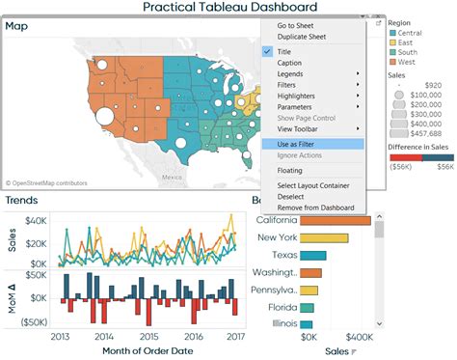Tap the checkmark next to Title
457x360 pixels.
point(268,51)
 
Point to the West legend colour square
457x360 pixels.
point(392,61)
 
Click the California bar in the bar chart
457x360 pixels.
point(336,219)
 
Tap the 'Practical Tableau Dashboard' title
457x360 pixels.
point(229,7)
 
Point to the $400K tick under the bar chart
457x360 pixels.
point(360,338)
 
